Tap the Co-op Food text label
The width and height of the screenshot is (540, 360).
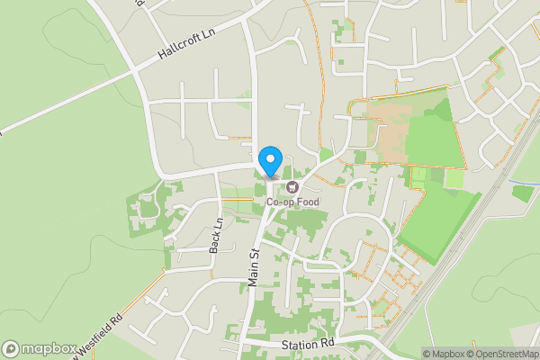click(x=292, y=202)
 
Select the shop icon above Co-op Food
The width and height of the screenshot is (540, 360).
click(x=292, y=187)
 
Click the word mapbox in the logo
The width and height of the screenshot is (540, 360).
click(x=47, y=348)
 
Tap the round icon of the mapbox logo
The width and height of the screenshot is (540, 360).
click(x=11, y=348)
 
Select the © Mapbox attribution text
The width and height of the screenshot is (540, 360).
click(x=445, y=354)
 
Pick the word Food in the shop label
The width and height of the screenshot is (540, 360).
click(x=305, y=202)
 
